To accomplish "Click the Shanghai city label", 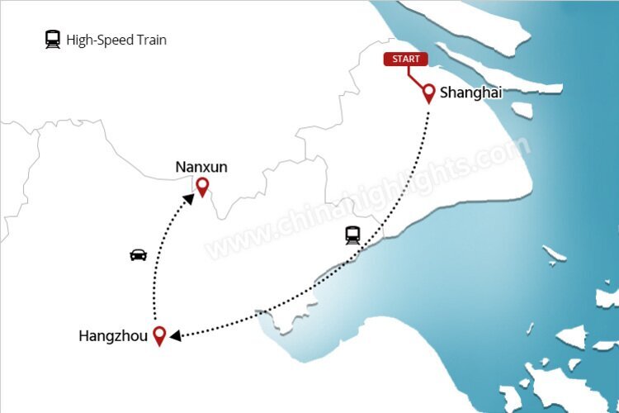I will click(x=470, y=93).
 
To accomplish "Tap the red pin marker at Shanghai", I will click(x=429, y=92).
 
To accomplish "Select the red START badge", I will click(x=405, y=59).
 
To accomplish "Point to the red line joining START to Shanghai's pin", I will click(x=415, y=75).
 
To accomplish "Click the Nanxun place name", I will click(x=201, y=168).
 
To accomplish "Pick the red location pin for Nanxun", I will click(x=201, y=187).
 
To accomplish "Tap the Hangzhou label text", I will click(x=113, y=335).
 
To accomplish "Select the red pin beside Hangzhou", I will click(x=160, y=335).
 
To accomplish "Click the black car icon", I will click(x=139, y=254).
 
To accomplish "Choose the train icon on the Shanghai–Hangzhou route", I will click(x=353, y=235).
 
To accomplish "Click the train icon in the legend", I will click(x=53, y=39).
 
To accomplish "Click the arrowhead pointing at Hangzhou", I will click(x=175, y=335).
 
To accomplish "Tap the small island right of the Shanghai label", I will click(x=521, y=109).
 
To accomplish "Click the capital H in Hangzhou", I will click(x=83, y=335).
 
